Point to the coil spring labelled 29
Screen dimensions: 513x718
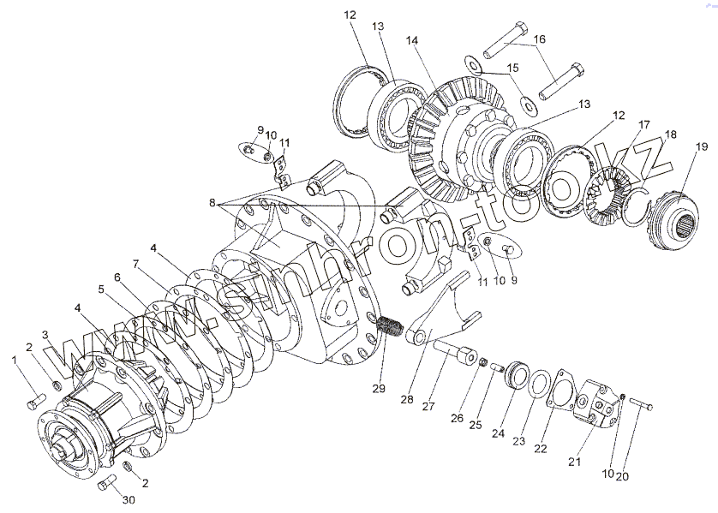click(x=391, y=327)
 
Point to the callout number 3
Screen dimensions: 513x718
click(x=45, y=334)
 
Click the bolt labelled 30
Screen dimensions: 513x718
click(x=106, y=485)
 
